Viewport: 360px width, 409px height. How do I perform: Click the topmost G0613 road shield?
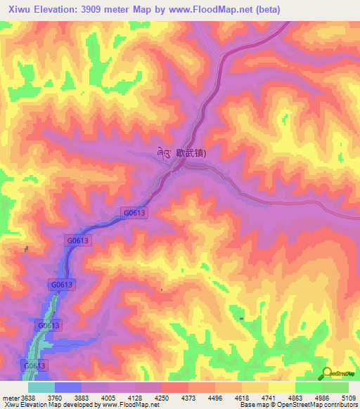click(135, 212)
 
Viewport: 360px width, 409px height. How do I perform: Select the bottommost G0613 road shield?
click(35, 366)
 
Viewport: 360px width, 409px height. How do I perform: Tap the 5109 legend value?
click(348, 398)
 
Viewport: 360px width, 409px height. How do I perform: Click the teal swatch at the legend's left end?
click(41, 387)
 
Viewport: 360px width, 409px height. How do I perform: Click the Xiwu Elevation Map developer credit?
click(79, 405)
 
